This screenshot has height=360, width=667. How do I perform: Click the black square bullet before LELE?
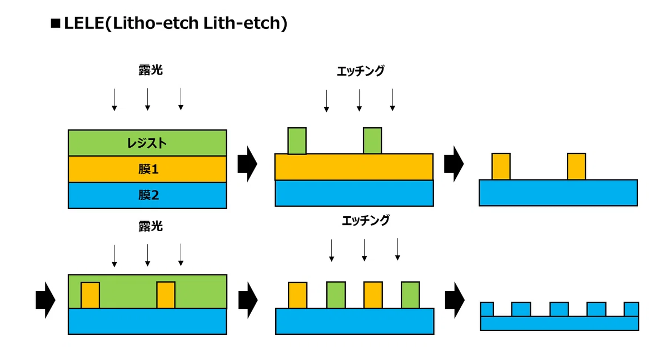pos(56,23)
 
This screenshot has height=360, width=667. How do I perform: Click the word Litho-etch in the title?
pos(156,23)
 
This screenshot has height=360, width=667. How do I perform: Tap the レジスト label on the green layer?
pos(147,143)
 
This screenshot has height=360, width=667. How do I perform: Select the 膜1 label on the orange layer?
pos(148,169)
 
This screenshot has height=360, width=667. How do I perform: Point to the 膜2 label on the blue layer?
pos(148,195)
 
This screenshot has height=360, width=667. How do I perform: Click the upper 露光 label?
pos(151,70)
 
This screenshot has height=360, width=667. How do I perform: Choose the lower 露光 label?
pos(151,227)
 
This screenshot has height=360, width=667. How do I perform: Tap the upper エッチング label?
pos(361,71)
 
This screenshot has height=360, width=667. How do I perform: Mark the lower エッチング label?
pos(366,221)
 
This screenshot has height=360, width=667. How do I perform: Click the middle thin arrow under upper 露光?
pos(147,99)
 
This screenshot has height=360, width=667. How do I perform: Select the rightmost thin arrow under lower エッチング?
pos(397,249)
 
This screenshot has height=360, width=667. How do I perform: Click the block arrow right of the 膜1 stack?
pos(247,164)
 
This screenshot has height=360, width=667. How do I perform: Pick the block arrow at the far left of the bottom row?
pos(46,300)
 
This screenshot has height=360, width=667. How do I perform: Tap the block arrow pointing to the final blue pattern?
pos(455,300)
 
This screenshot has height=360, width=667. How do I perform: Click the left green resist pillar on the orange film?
pos(297,141)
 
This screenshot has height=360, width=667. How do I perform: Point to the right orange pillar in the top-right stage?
pos(576,167)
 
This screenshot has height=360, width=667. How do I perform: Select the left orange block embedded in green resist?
pos(90,295)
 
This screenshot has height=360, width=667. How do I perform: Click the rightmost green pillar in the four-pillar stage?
pos(410,295)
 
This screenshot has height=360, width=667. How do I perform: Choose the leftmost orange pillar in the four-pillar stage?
pos(297,295)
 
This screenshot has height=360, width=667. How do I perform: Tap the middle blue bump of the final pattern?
pos(559,309)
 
